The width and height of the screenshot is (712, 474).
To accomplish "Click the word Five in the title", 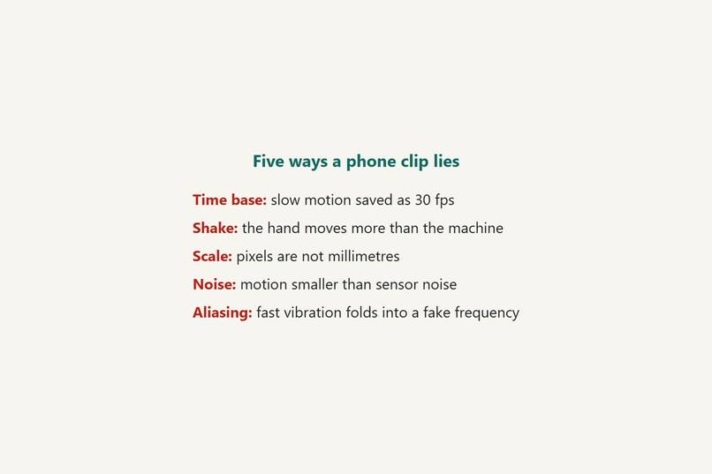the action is [269, 161].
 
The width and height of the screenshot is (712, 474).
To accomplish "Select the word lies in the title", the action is [446, 161].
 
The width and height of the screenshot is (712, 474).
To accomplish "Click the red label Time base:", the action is [230, 200].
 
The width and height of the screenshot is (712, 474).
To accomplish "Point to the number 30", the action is [422, 200].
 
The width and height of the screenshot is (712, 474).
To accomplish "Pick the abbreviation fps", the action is [444, 201].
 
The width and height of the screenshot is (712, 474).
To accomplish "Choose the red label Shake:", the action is [215, 228].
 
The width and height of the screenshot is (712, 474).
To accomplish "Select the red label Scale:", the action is [212, 256].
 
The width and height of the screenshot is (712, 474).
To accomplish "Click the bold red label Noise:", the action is [215, 284].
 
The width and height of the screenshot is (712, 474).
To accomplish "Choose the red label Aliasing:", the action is [222, 313].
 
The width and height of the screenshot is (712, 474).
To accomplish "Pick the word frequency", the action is [487, 313].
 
